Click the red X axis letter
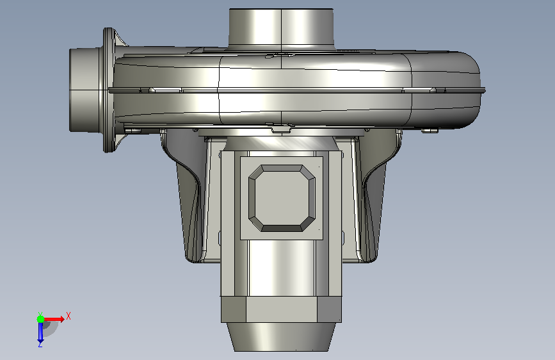[x=68, y=316]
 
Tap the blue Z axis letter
[x=40, y=344]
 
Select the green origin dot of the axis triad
[x=41, y=319]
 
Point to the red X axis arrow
[x=54, y=319]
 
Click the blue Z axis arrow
[x=40, y=332]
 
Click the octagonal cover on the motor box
[x=282, y=198]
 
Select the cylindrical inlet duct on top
[x=282, y=28]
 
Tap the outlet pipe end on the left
[x=86, y=90]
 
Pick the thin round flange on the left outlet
[x=109, y=90]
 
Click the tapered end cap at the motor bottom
[x=282, y=337]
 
